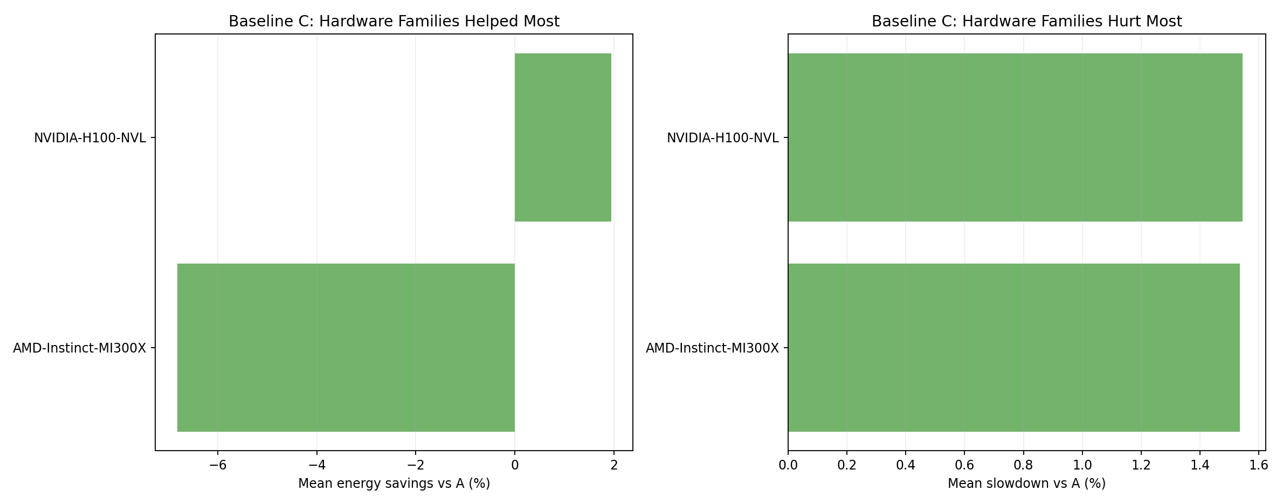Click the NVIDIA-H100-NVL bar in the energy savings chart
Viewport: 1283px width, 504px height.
(x=563, y=137)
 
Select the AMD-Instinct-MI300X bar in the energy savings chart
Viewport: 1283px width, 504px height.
(x=346, y=348)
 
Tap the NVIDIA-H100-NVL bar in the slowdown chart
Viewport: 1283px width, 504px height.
(x=1015, y=137)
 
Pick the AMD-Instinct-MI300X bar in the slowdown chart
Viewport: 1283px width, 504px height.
(x=1013, y=348)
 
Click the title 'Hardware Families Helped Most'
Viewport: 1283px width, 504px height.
(x=394, y=22)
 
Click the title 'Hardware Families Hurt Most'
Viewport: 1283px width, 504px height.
(x=1026, y=22)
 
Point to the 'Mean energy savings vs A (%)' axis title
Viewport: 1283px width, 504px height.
(x=394, y=484)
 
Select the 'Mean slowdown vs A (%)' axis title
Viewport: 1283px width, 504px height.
(x=1026, y=484)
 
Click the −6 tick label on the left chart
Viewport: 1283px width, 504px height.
(x=217, y=465)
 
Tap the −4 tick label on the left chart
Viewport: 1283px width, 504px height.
(x=316, y=465)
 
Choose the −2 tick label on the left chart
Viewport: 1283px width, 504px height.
(x=415, y=465)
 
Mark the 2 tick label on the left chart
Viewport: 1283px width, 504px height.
(x=613, y=465)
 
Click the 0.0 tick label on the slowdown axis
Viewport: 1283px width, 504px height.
(x=788, y=465)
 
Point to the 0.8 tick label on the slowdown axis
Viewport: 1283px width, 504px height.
(x=1023, y=465)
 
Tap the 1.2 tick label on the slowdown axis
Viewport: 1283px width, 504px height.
(x=1141, y=465)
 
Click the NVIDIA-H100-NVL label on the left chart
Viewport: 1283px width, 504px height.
(x=90, y=138)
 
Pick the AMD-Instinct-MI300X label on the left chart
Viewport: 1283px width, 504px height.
(x=79, y=348)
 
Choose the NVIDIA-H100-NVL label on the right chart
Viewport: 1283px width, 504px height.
(x=722, y=138)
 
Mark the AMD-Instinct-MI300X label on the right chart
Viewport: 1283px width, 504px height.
(x=712, y=348)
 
